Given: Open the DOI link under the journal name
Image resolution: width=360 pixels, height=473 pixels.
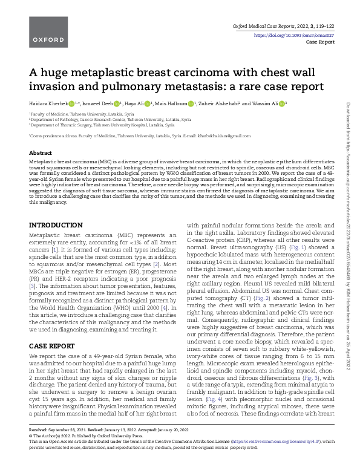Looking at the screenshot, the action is [x=290, y=36].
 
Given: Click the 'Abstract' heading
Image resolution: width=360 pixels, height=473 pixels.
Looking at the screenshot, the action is [x=41, y=153].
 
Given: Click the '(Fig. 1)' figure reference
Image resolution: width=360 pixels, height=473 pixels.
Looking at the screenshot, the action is [x=292, y=248].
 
